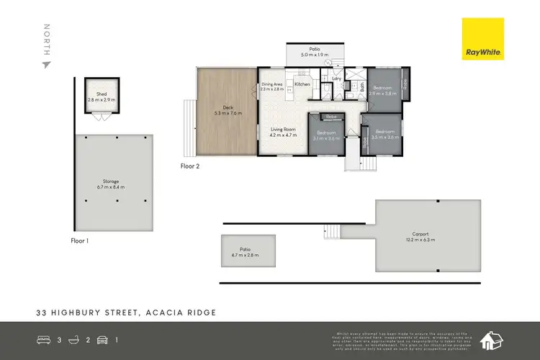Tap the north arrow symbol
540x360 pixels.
[x=47, y=65]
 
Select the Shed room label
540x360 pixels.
[x=102, y=94]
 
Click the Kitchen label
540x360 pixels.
[x=302, y=85]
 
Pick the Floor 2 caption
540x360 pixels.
[x=189, y=166]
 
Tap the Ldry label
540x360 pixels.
[x=336, y=80]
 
